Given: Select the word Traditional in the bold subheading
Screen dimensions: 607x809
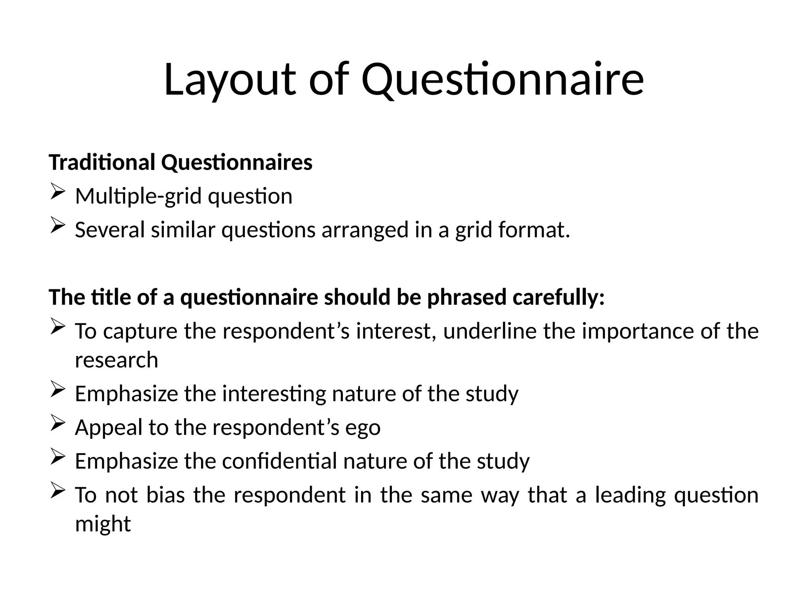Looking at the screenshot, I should coord(102,162).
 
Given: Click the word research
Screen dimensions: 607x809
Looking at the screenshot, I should coord(117,360).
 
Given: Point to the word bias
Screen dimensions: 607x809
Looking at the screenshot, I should coord(166,495).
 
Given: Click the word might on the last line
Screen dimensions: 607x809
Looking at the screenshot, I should coord(103,524).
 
